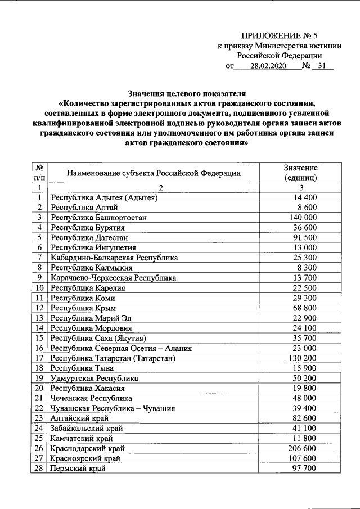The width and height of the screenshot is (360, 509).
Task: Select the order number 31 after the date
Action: (x=321, y=66)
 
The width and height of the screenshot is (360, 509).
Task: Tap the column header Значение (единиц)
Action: (x=301, y=173)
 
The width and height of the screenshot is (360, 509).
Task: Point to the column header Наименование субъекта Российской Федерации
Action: (x=154, y=173)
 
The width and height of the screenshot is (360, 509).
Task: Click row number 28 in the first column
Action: (x=39, y=468)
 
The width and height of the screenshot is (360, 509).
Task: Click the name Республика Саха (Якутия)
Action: (x=98, y=338)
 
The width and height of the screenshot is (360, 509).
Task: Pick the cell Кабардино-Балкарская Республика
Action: (x=114, y=258)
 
